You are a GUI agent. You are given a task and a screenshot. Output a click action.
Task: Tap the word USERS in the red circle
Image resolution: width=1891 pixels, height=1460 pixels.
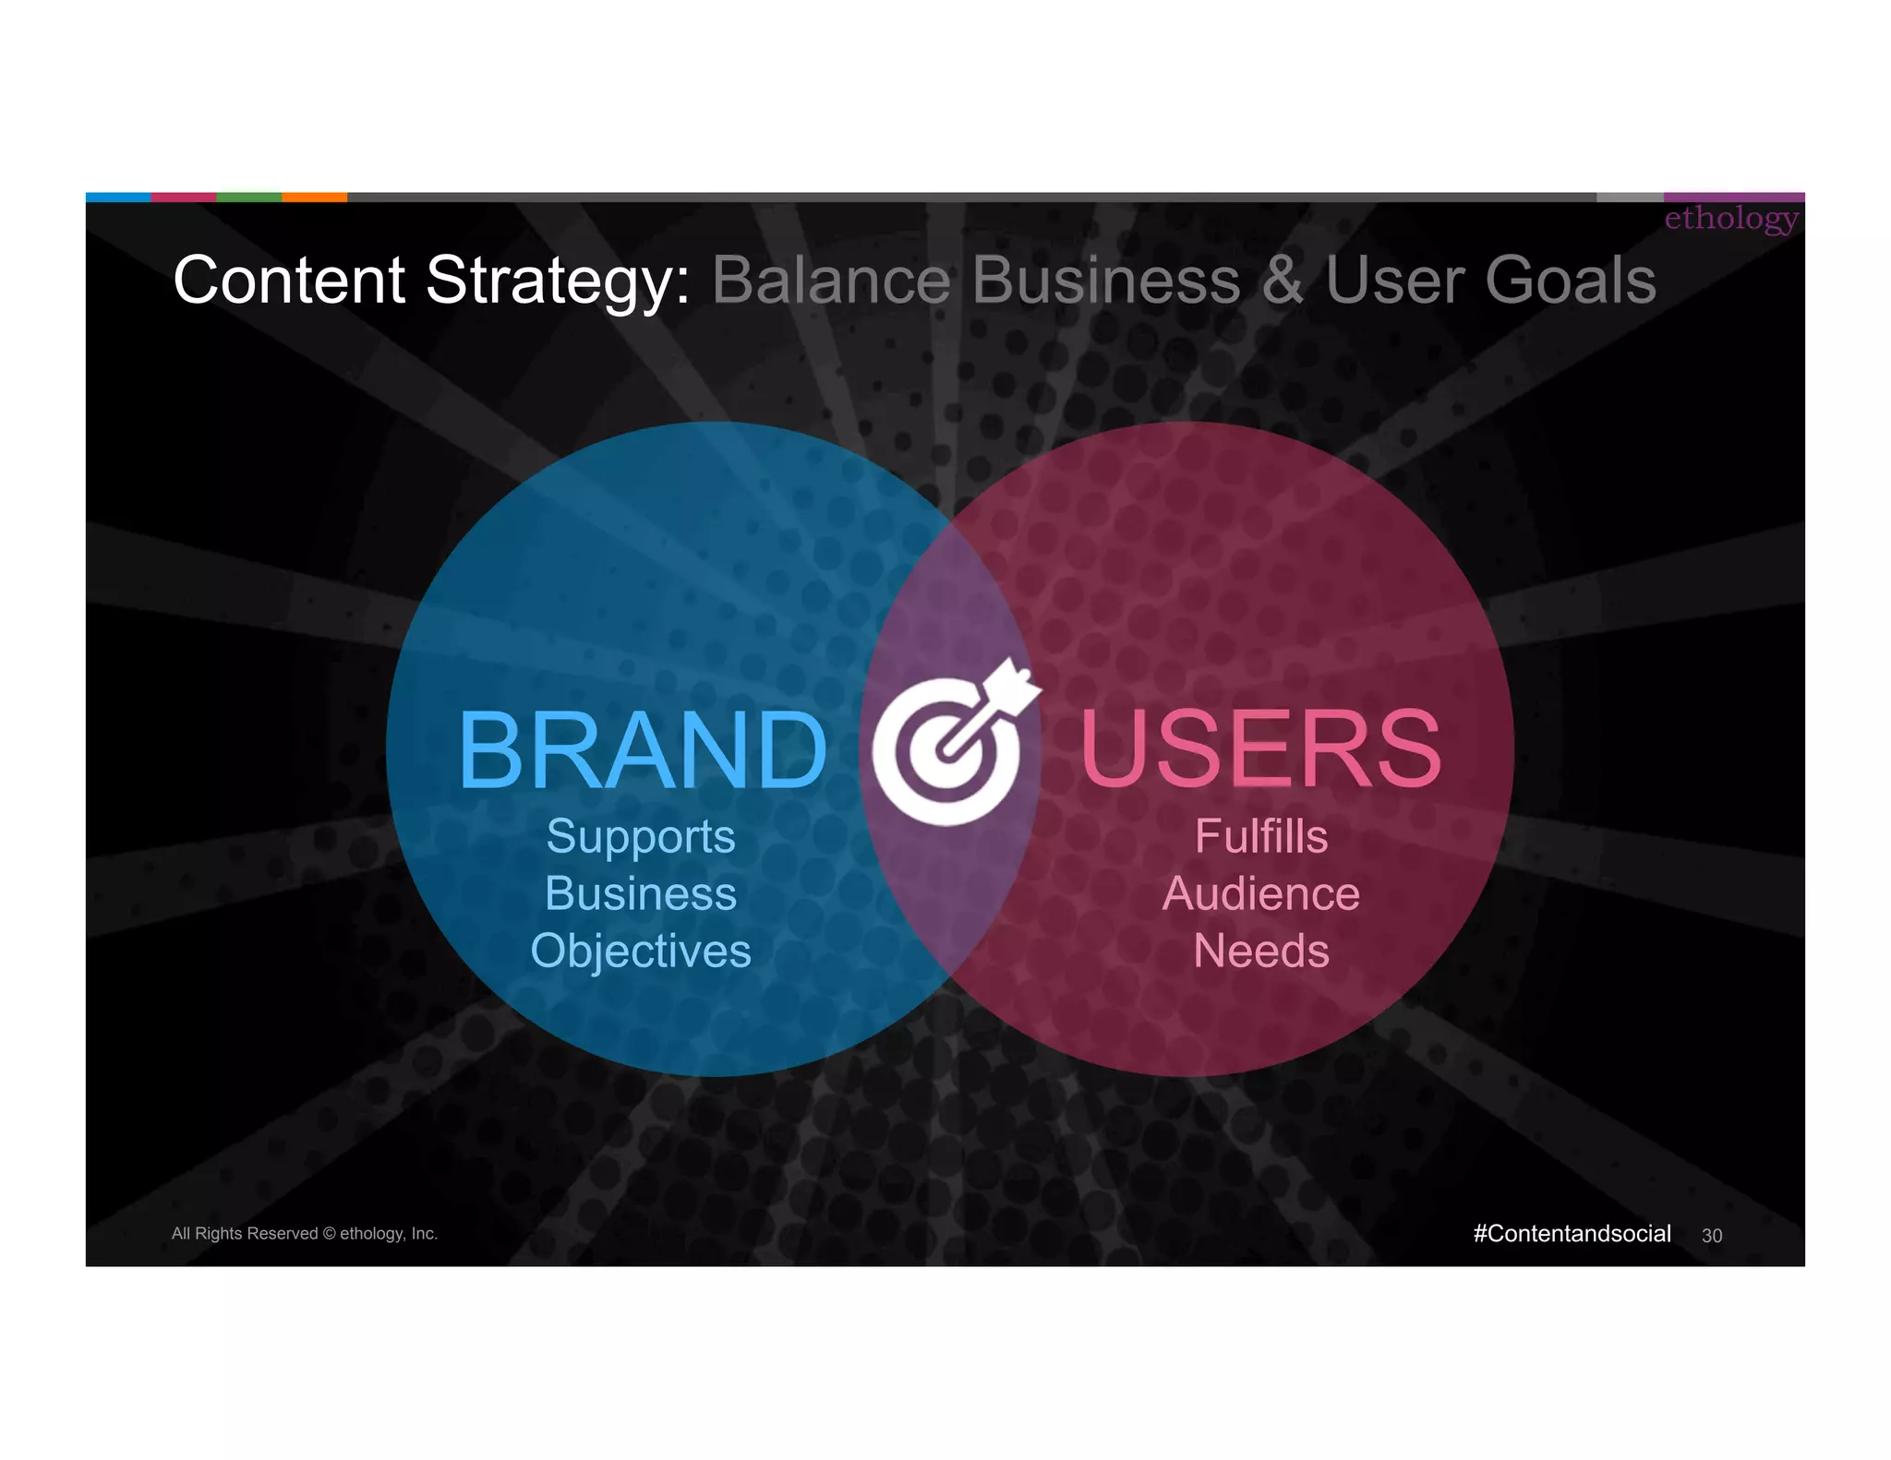(1260, 749)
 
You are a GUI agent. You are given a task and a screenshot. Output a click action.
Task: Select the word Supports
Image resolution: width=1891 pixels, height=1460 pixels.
(641, 837)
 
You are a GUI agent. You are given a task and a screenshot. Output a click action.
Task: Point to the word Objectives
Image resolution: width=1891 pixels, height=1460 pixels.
(641, 951)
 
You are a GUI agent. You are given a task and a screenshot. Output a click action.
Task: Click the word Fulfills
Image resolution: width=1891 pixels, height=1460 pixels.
(1261, 837)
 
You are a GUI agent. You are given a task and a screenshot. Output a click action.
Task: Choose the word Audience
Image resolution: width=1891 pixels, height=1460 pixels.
(1261, 893)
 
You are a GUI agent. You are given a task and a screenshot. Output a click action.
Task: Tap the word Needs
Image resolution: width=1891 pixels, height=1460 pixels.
(1261, 951)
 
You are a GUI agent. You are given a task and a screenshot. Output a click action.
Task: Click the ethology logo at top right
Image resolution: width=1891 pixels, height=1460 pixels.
(1731, 219)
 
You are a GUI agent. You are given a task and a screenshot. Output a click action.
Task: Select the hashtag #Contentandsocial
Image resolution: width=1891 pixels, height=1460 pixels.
(1572, 1234)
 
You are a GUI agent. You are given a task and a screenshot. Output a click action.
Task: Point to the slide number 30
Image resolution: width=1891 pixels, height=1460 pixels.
(1712, 1236)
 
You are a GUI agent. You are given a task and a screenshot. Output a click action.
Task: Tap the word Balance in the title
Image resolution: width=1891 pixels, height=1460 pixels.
(831, 281)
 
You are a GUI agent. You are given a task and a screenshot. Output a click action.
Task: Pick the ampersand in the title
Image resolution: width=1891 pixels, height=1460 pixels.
(1282, 281)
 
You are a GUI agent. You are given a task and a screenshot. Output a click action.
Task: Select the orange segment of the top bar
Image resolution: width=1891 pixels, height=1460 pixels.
(314, 197)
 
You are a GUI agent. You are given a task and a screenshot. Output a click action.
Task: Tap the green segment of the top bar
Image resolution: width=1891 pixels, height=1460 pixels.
(248, 197)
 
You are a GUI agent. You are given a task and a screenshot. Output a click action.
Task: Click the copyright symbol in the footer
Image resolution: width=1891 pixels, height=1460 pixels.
(329, 1234)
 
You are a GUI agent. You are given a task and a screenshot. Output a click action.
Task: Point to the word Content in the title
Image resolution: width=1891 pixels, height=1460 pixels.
(289, 281)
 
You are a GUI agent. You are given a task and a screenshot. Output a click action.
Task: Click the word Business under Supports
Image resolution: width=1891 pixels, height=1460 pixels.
(641, 893)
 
